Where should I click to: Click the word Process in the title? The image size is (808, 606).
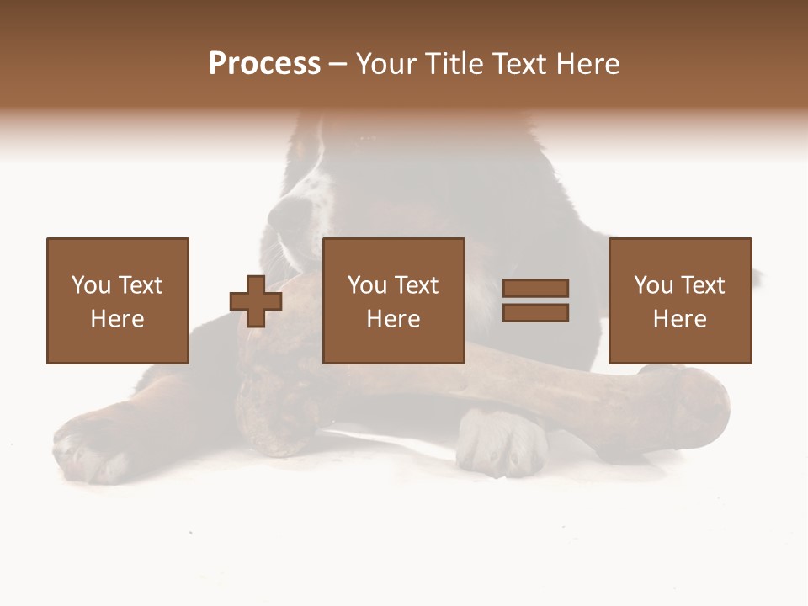coord(264,64)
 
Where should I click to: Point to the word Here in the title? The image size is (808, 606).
coord(587,64)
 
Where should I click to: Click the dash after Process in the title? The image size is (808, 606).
coord(338,65)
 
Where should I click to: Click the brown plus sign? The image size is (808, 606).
coord(256,300)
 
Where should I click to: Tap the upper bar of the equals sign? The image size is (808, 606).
coord(535,288)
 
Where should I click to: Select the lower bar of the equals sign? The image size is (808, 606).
coord(535,313)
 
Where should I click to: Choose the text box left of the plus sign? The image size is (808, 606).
coord(117,300)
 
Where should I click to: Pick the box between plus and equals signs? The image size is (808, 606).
coord(393,300)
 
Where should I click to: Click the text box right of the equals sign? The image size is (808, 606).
coord(679,300)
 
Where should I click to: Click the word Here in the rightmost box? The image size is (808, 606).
coord(679,319)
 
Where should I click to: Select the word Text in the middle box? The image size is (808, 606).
coord(416,285)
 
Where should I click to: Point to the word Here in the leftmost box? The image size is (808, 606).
coord(117,319)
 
